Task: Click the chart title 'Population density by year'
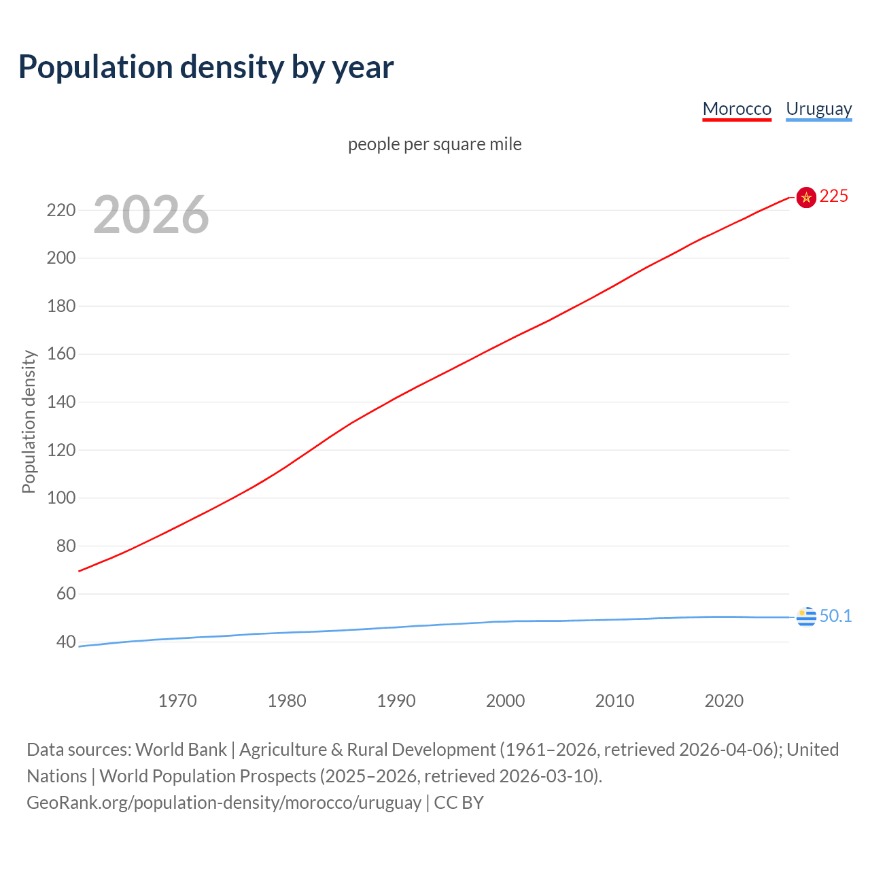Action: (206, 67)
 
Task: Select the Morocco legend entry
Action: (737, 109)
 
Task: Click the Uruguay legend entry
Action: (818, 109)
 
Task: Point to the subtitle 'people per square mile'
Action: (434, 144)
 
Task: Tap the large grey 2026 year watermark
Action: (151, 215)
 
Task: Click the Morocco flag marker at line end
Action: (806, 197)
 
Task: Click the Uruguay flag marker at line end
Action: (806, 616)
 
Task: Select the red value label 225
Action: (834, 196)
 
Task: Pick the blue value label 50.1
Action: (835, 616)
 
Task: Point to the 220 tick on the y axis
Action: (61, 210)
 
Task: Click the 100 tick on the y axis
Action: (61, 498)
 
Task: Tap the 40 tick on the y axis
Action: (65, 642)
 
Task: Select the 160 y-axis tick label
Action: (61, 354)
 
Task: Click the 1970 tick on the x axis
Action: (177, 701)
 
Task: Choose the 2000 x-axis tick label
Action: (505, 701)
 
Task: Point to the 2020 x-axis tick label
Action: (724, 701)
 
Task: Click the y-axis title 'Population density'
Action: (29, 421)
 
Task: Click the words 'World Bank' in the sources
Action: (181, 749)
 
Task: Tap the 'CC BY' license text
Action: (459, 803)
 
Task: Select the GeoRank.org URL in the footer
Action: (224, 803)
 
